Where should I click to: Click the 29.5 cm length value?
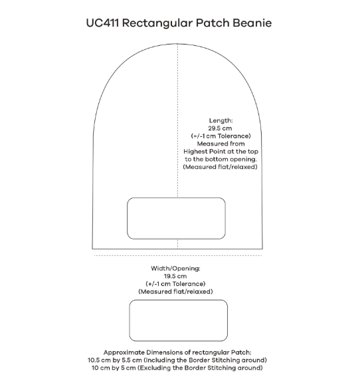[x=220, y=128]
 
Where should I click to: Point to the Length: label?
[x=220, y=120]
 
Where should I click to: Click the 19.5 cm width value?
[x=175, y=275]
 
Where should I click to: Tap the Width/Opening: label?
[x=175, y=268]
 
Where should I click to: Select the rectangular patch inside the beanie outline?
[x=177, y=217]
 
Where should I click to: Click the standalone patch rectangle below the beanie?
[x=178, y=320]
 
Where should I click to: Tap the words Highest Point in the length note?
[x=203, y=151]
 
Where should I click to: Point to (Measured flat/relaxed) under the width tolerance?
[x=175, y=291]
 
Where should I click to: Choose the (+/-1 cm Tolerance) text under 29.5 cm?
[x=220, y=136]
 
